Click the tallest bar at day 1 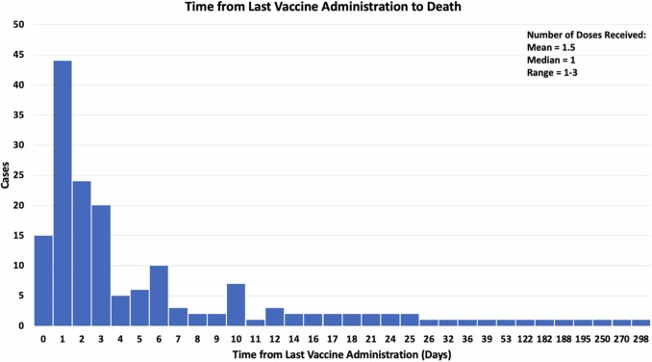tap(63, 193)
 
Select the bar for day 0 tap(43, 280)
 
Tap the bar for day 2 tap(82, 253)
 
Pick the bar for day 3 tap(101, 266)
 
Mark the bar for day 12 tap(275, 317)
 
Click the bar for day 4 tap(120, 310)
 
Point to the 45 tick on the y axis tap(19, 55)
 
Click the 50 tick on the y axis tap(19, 25)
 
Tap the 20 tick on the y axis tap(19, 205)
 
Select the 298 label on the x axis tap(641, 339)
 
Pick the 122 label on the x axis tap(525, 339)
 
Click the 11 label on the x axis tap(256, 339)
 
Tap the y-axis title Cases tap(7, 175)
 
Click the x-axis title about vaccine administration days tap(341, 354)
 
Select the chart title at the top tap(326, 8)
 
